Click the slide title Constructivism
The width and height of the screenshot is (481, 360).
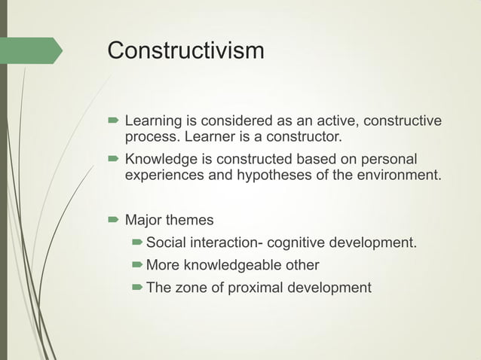click(x=185, y=51)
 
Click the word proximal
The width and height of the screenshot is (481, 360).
click(x=256, y=287)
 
